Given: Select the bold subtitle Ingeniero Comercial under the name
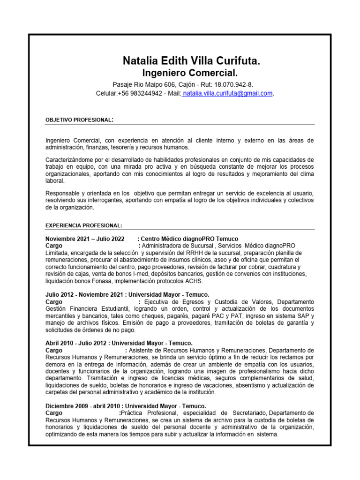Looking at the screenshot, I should (x=190, y=73).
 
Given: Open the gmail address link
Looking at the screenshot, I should (x=221, y=93).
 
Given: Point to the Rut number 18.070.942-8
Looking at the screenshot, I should (x=233, y=84).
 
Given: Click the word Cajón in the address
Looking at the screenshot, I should (x=187, y=84).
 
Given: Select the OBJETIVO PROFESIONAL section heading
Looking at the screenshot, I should (x=79, y=120).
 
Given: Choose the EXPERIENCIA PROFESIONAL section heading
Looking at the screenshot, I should (x=83, y=225).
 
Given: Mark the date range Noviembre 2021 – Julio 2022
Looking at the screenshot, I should (x=85, y=239).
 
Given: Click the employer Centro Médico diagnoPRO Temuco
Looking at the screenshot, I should (x=189, y=239).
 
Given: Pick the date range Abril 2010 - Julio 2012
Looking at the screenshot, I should (x=77, y=343).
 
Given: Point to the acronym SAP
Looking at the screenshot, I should (x=292, y=316).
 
